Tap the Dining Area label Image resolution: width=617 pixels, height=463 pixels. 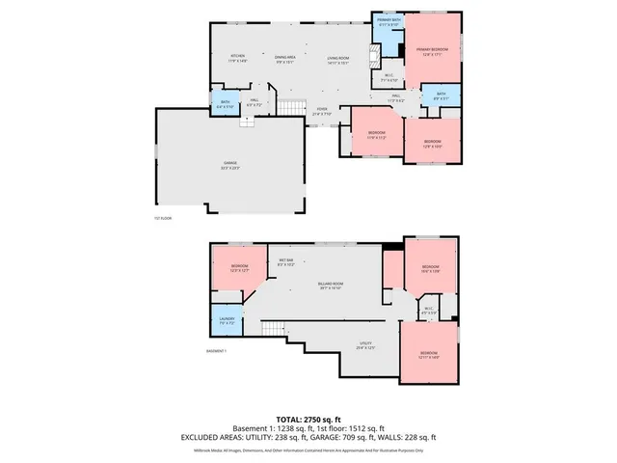pyautogui.click(x=284, y=58)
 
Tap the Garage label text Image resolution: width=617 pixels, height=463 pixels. pyautogui.click(x=230, y=165)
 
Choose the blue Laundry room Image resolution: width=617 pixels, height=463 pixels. pyautogui.click(x=227, y=320)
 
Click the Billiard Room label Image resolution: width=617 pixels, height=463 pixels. pyautogui.click(x=331, y=286)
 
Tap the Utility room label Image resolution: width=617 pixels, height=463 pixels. pyautogui.click(x=365, y=344)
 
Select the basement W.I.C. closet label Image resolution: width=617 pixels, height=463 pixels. pyautogui.click(x=429, y=311)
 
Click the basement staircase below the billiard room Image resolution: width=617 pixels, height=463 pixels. pyautogui.click(x=275, y=331)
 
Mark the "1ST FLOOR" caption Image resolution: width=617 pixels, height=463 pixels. pyautogui.click(x=162, y=219)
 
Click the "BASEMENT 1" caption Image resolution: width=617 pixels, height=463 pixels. pyautogui.click(x=218, y=351)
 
